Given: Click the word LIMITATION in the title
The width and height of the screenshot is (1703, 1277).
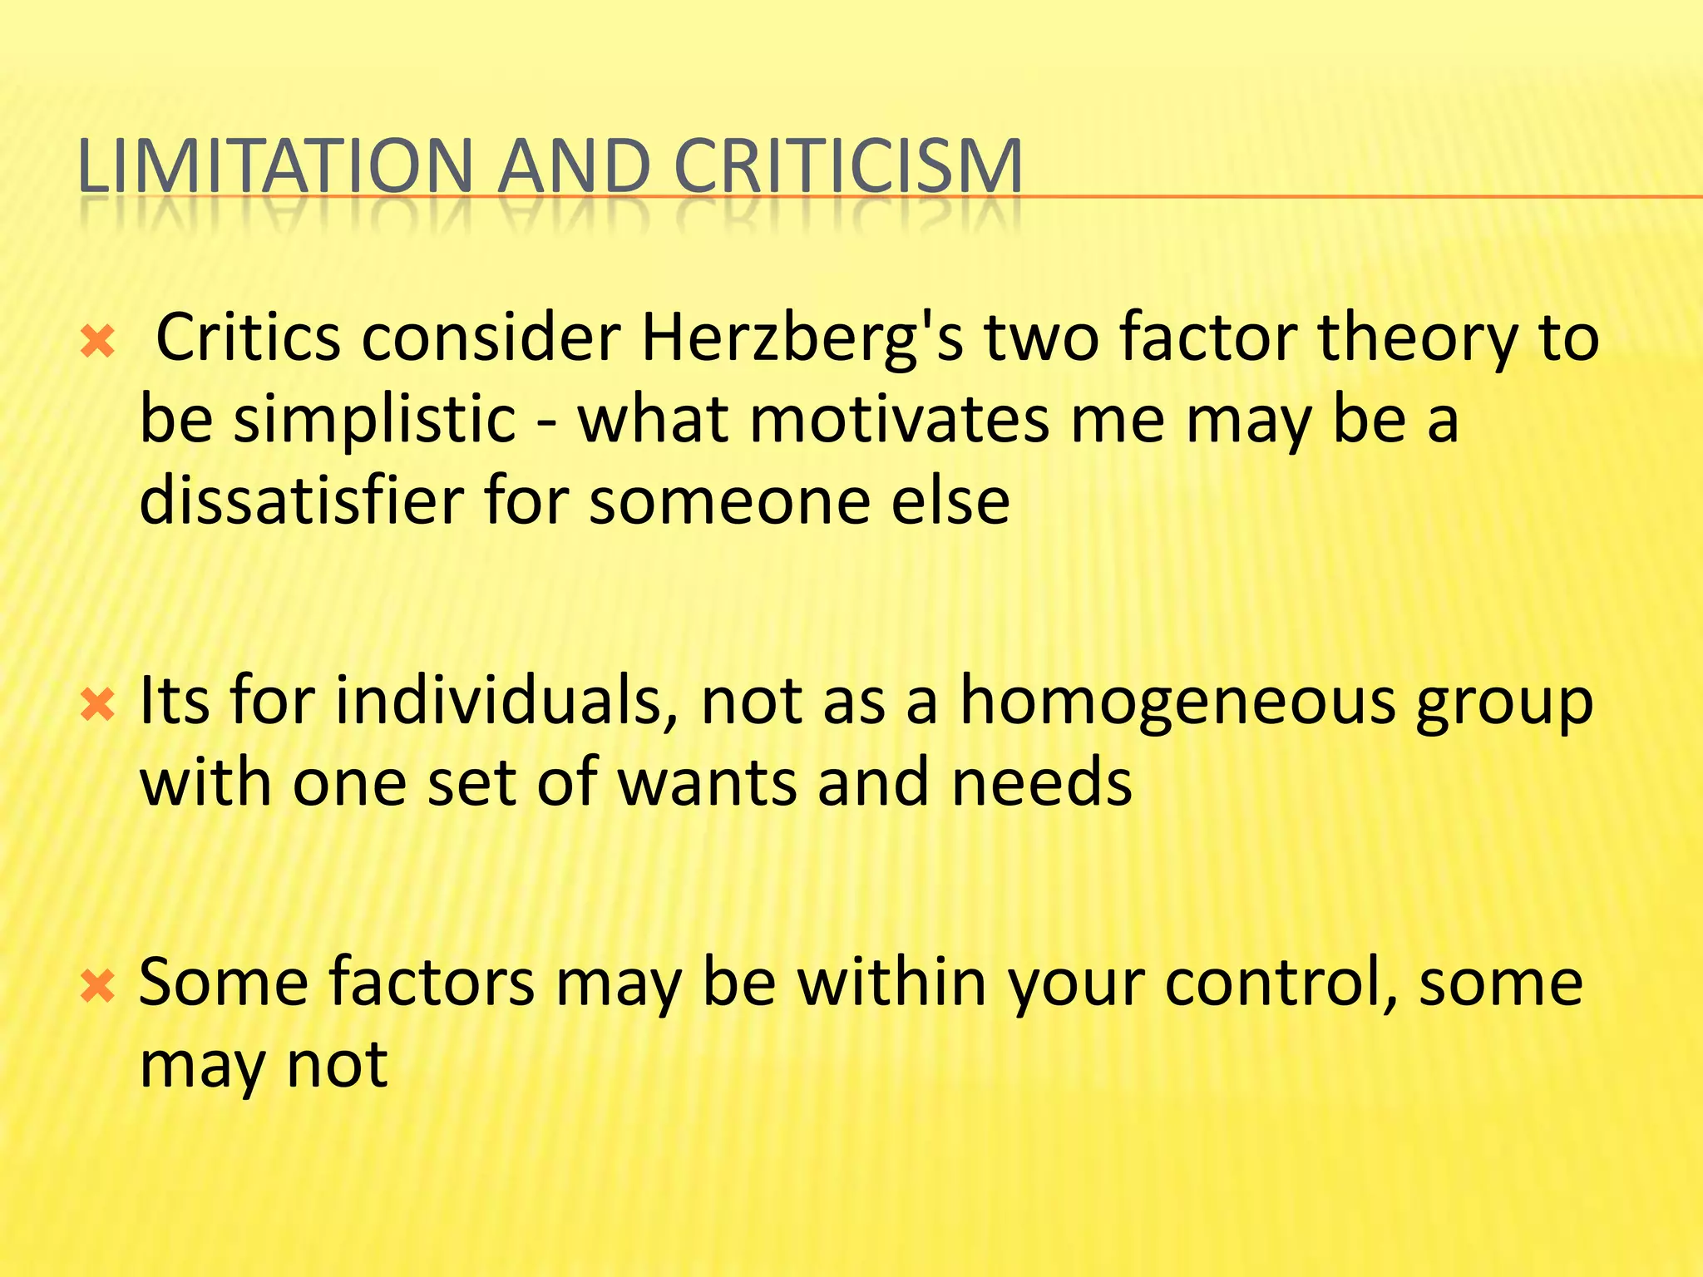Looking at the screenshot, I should pos(275,165).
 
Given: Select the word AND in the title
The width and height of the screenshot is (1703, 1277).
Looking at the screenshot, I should pos(574,165).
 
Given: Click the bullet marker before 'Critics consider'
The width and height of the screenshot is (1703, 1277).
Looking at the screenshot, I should pos(97,342).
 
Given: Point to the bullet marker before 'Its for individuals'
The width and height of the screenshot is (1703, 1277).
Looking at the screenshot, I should pos(97,706).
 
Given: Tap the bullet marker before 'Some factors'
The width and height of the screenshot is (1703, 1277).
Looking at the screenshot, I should pos(97,987).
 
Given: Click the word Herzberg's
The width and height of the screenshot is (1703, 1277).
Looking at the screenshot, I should pos(802,339).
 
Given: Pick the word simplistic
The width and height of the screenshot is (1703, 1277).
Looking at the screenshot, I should pos(374,420).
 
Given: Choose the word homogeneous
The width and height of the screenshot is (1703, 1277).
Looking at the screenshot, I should pos(1177,703).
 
